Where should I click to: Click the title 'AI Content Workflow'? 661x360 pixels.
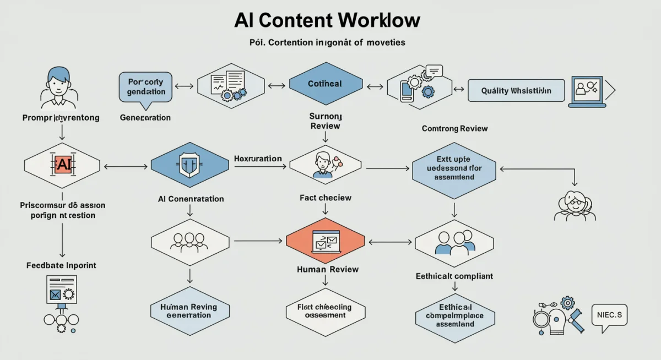tap(327, 20)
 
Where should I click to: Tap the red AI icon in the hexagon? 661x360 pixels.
tap(62, 164)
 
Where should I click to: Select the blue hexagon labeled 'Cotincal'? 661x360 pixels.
tap(325, 84)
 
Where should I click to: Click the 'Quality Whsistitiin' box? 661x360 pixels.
tap(516, 90)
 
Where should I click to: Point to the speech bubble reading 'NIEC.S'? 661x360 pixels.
tap(609, 315)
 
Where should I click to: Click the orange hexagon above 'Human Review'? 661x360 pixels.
tap(326, 241)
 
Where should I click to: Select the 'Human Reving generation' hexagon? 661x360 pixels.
tap(188, 311)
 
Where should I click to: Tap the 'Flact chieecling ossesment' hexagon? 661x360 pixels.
tap(325, 311)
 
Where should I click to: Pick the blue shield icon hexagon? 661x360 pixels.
tap(189, 164)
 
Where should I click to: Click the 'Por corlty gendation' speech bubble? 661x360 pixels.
tap(145, 87)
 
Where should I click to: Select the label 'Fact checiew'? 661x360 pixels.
tap(325, 198)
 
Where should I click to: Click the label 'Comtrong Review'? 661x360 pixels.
tap(454, 128)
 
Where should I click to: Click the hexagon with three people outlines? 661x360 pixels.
tap(189, 241)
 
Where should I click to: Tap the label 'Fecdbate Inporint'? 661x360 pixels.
tap(61, 265)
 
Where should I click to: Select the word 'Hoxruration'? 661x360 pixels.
tap(258, 159)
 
